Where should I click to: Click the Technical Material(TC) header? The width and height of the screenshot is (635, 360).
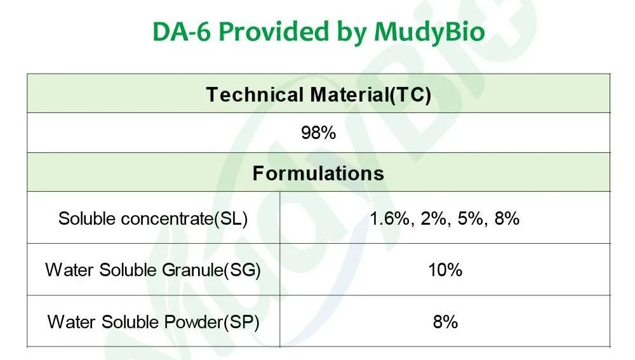pos(319,95)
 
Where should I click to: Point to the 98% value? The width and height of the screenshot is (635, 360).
pos(318,134)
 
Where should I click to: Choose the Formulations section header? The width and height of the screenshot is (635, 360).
pos(318,173)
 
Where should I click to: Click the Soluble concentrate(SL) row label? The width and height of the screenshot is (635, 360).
pos(153,219)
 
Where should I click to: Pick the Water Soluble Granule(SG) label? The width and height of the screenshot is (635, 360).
pos(153,270)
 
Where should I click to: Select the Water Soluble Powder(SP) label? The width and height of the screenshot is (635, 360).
pos(153,321)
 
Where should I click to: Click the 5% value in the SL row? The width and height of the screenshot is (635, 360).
pos(468,219)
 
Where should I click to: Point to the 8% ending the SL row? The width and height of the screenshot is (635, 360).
pos(507,219)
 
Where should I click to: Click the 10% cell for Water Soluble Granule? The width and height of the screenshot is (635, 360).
pos(445,270)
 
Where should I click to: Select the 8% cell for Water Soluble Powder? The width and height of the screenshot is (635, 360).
pos(445,321)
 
